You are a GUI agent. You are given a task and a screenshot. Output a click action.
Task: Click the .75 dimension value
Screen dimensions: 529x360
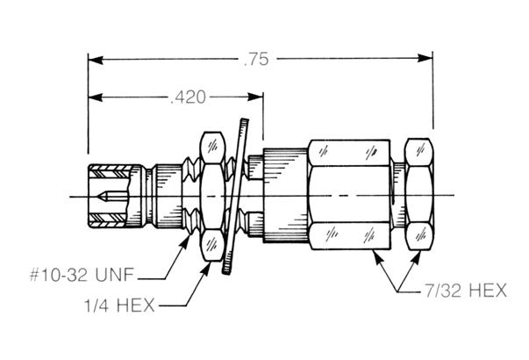point(256,59)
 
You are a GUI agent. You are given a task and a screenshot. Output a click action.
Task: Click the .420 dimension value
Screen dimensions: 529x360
point(189,97)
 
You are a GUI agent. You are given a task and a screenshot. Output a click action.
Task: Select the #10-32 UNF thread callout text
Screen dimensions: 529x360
point(82,275)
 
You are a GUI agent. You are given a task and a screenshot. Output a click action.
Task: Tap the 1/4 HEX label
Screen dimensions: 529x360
point(119,306)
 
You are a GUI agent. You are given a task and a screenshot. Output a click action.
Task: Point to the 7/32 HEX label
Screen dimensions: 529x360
point(466,291)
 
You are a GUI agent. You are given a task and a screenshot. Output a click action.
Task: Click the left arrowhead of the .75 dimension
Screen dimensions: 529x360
point(96,60)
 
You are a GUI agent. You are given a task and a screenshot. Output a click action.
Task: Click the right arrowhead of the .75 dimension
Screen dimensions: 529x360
point(425,58)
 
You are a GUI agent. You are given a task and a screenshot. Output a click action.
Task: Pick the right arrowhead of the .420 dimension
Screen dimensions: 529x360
point(255,97)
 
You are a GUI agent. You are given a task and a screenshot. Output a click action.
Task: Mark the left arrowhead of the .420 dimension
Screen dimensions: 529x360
point(96,97)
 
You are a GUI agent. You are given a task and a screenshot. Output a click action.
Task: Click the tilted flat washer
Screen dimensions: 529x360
point(235,196)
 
